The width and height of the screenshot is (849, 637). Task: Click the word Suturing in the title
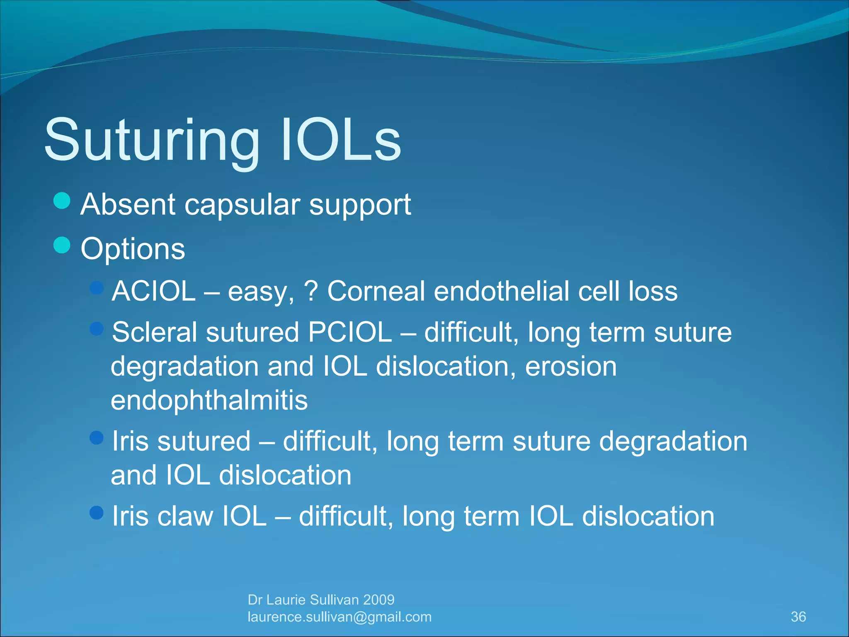pyautogui.click(x=152, y=141)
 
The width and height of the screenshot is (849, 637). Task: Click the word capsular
pyautogui.click(x=242, y=205)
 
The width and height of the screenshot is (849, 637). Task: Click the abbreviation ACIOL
pyautogui.click(x=154, y=291)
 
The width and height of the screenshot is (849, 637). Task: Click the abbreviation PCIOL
pyautogui.click(x=350, y=333)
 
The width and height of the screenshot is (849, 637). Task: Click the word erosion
pyautogui.click(x=571, y=367)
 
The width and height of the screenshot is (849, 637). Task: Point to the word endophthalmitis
pyautogui.click(x=209, y=401)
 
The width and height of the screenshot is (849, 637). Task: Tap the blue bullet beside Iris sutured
pyautogui.click(x=97, y=438)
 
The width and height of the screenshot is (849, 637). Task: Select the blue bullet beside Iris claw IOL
pyautogui.click(x=97, y=513)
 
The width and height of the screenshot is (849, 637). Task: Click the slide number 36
pyautogui.click(x=798, y=617)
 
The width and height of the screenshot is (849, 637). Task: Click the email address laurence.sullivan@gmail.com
pyautogui.click(x=340, y=617)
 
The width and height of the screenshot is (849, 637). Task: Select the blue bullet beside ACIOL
pyautogui.click(x=97, y=288)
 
